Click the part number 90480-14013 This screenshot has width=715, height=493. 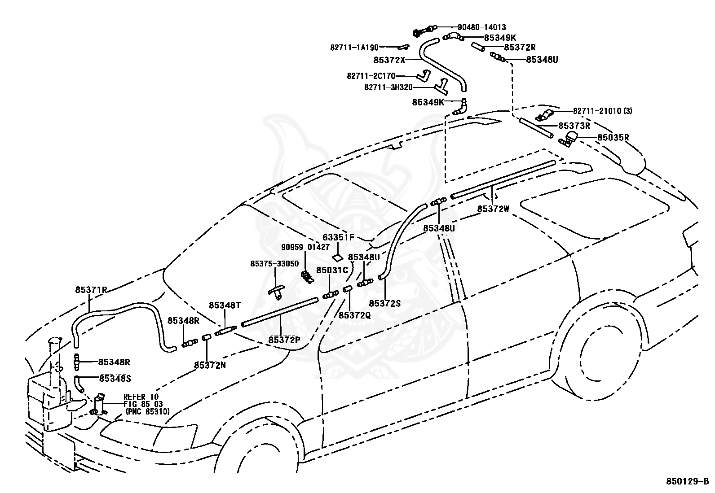pyautogui.click(x=481, y=27)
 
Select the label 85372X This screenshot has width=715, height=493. pyautogui.click(x=389, y=60)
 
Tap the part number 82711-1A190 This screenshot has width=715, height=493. pyautogui.click(x=354, y=48)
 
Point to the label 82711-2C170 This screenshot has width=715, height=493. pyautogui.click(x=371, y=76)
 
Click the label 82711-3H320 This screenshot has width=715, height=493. pyautogui.click(x=388, y=87)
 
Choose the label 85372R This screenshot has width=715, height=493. pyautogui.click(x=520, y=47)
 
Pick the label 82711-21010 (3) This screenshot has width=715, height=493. pyautogui.click(x=602, y=111)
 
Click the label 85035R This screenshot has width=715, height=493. pyautogui.click(x=613, y=137)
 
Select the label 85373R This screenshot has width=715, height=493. pyautogui.click(x=574, y=126)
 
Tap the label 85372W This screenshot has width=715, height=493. pyautogui.click(x=493, y=209)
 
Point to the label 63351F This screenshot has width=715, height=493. pyautogui.click(x=338, y=237)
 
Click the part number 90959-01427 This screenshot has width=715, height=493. pyautogui.click(x=305, y=247)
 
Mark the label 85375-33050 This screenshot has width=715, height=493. pyautogui.click(x=274, y=264)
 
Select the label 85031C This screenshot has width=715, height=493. pyautogui.click(x=332, y=270)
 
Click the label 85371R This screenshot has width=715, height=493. pyautogui.click(x=91, y=290)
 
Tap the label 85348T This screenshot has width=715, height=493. pyautogui.click(x=225, y=305)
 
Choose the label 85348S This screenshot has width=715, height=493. pyautogui.click(x=115, y=379)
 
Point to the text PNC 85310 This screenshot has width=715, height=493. pyautogui.click(x=148, y=412)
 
